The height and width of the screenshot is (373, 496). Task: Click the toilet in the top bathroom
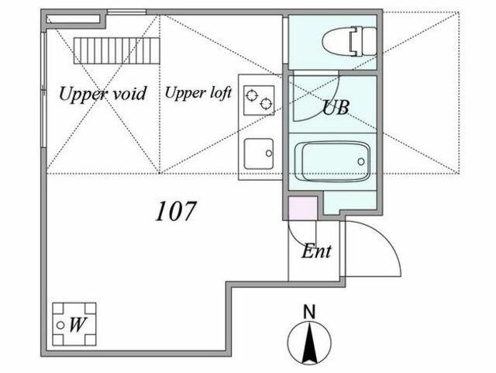point(350,41)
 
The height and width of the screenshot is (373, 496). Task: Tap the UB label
point(336,107)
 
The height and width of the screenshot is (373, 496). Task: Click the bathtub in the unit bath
point(332,161)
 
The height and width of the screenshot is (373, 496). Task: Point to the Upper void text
point(103,94)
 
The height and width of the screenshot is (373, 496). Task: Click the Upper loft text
point(198,93)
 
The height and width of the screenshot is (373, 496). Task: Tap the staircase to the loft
point(117,50)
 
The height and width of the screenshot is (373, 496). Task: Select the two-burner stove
point(259,100)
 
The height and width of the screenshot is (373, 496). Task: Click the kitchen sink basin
point(259,154)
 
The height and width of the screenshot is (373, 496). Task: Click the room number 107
point(176,211)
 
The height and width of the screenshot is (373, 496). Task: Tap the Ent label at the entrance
point(316,252)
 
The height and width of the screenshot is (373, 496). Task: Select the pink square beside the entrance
point(303,208)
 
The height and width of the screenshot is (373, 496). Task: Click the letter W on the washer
point(77,324)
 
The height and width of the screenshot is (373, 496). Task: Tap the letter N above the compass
point(309,312)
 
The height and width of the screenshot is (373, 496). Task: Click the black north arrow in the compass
point(310,343)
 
